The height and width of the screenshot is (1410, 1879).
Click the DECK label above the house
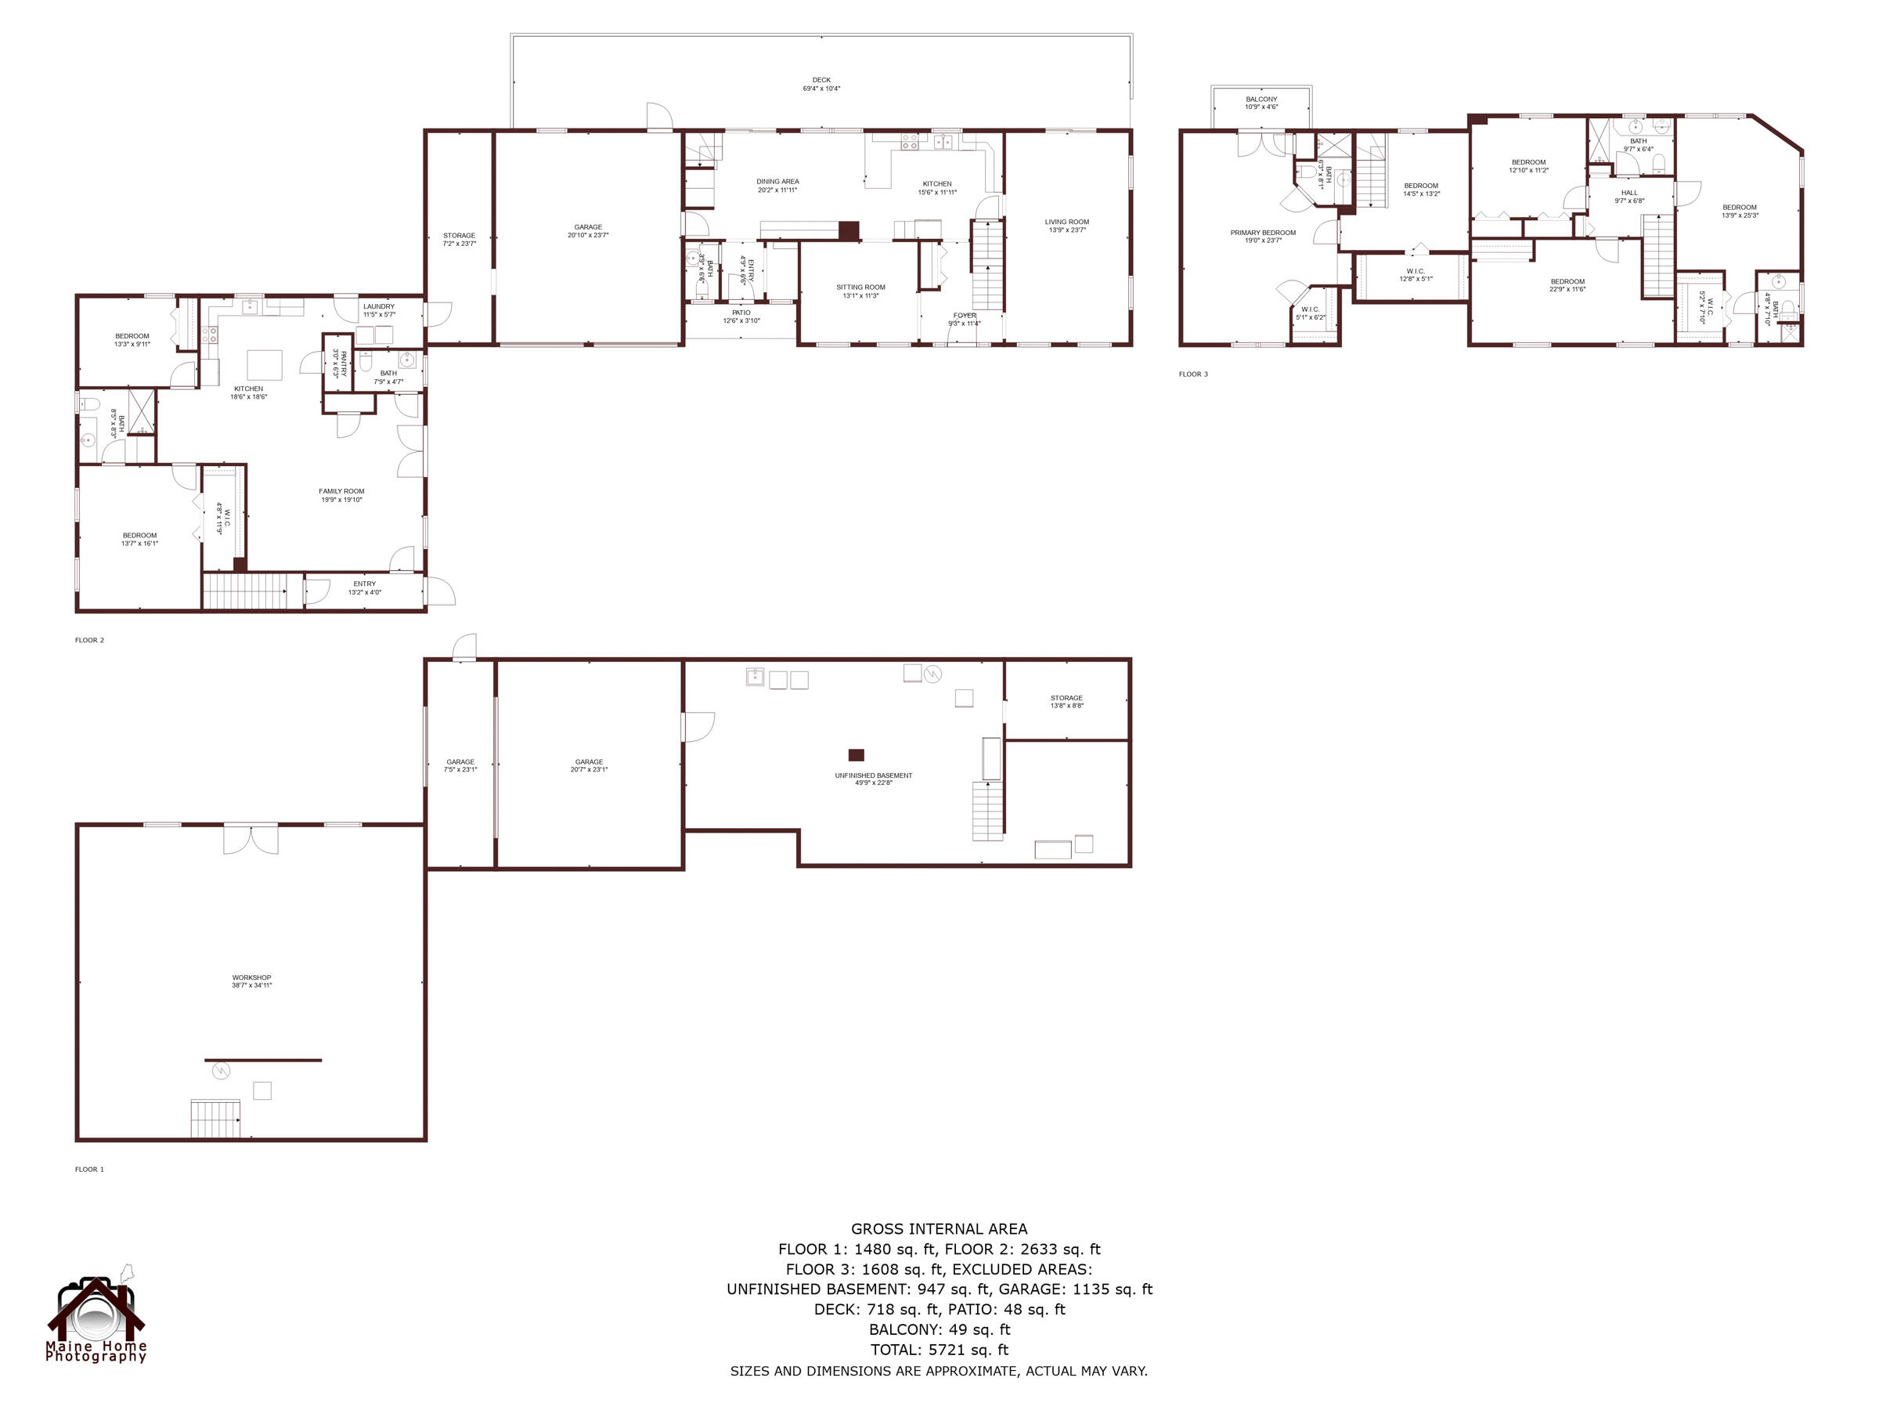coord(820,84)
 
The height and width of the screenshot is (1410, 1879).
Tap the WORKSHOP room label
coord(251,981)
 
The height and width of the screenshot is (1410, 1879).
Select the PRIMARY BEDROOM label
coord(1262,237)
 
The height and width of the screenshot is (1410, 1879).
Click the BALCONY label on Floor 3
coord(1260,103)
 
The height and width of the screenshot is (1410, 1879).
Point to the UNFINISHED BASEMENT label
coord(873,779)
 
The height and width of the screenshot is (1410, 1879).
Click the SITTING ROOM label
coord(860,291)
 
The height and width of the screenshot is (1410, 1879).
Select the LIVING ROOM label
coord(1067,226)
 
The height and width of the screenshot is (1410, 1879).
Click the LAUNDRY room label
coord(379,310)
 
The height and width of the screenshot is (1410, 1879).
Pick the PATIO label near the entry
coord(741,316)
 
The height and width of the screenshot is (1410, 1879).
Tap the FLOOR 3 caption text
coord(1192,374)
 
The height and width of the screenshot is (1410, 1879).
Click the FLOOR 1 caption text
coord(89,1170)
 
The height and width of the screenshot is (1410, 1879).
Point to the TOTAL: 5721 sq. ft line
coord(939,1350)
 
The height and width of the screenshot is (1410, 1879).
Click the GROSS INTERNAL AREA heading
coord(939,1228)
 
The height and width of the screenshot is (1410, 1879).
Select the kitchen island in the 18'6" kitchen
coord(264,364)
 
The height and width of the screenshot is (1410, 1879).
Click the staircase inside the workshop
coord(215,1118)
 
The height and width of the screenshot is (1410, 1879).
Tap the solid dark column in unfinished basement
coord(856,754)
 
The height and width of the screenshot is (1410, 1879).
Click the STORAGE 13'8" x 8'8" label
coord(1066,701)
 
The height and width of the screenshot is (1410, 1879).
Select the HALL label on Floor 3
coord(1628,197)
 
